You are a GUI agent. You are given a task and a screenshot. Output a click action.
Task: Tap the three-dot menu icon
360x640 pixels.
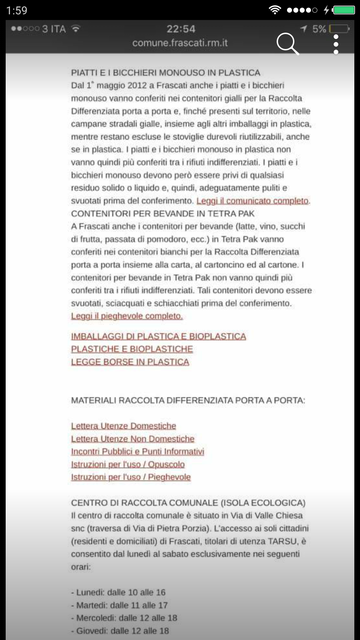(336, 44)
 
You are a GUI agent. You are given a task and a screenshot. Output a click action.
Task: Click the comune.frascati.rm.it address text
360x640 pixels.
(180, 43)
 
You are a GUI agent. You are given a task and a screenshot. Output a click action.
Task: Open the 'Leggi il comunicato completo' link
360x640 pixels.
(253, 201)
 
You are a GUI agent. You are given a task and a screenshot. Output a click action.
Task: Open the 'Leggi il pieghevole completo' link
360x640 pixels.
(127, 316)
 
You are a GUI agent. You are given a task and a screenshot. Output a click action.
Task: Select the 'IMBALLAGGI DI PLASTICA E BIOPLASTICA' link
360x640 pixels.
(158, 336)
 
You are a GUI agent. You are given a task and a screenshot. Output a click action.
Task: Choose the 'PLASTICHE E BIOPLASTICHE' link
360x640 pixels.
(132, 349)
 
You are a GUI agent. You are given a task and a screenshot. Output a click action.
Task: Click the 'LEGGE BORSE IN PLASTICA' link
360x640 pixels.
(130, 362)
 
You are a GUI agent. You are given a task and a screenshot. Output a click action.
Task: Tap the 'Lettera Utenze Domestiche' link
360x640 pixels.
(123, 426)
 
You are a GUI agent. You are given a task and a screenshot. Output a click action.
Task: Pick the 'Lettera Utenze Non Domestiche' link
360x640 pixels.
(133, 439)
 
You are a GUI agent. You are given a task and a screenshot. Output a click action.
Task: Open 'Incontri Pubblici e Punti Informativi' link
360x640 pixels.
(137, 452)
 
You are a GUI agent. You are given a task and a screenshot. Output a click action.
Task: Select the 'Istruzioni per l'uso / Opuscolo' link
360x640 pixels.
(128, 464)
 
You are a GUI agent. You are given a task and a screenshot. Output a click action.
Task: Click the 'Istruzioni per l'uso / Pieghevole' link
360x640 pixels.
(131, 477)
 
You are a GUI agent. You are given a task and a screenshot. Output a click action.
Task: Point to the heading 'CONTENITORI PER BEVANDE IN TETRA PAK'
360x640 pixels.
(163, 214)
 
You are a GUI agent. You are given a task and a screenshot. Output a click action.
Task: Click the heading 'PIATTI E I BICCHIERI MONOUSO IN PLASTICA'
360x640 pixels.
(166, 73)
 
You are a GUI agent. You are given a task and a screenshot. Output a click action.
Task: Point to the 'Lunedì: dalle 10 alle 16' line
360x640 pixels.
(118, 592)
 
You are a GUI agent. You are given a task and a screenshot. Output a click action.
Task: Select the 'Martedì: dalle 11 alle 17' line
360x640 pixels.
(119, 605)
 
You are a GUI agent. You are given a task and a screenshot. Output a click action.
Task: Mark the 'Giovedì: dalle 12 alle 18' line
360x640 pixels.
(120, 631)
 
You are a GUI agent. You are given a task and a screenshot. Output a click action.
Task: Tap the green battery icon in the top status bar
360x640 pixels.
(344, 10)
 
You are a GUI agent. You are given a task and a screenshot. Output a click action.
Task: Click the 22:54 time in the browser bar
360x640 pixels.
(181, 29)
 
